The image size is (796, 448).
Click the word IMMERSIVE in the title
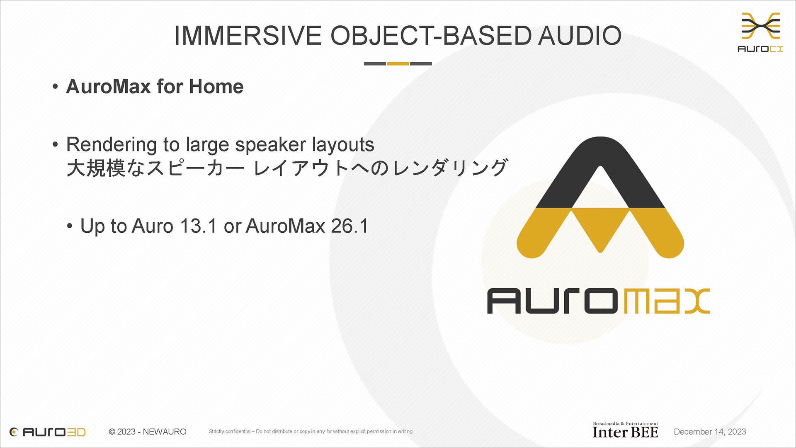coord(248,35)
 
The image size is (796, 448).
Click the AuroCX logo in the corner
coord(760,32)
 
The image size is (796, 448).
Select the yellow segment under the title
coord(398,63)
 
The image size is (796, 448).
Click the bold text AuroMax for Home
coord(155,86)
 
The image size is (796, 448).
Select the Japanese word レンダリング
coord(450,168)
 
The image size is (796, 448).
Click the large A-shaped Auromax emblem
coord(600,197)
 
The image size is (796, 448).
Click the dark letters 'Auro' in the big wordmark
coord(552,301)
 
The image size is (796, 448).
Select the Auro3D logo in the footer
coord(48,432)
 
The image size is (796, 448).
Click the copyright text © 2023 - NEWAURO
coord(148,432)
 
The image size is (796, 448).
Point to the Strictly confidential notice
coord(311,431)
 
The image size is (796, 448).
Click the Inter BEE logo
coord(625,430)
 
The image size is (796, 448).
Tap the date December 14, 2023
coord(710,432)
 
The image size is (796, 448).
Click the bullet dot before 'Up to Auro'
coord(70,226)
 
